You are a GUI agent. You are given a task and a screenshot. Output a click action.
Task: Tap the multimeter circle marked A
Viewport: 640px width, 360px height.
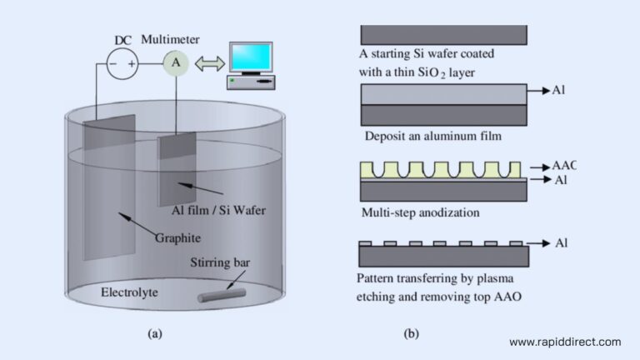175,62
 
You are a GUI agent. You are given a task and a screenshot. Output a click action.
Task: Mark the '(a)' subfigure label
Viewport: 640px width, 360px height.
154,333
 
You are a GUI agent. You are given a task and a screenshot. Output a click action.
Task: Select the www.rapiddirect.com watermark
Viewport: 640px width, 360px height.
564,342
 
